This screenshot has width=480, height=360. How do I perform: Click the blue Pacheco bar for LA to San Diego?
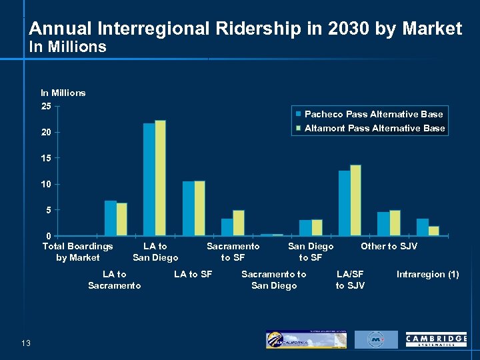click(x=149, y=179)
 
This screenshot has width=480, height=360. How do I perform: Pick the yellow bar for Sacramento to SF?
click(x=239, y=223)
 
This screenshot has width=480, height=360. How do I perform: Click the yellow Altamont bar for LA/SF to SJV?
click(x=355, y=200)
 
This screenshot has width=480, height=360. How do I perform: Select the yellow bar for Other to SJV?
click(x=395, y=223)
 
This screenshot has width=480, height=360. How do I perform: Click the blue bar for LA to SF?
click(x=188, y=208)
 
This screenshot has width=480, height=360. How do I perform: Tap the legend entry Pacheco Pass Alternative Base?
click(x=373, y=114)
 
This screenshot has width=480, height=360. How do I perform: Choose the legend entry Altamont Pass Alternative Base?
click(x=374, y=128)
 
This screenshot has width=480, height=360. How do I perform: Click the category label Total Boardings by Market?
click(x=78, y=252)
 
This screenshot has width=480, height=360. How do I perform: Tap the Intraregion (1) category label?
click(x=427, y=274)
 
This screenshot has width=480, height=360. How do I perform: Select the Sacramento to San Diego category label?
click(x=273, y=280)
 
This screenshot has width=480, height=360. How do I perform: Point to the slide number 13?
click(x=26, y=343)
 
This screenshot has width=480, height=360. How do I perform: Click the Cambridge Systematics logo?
click(x=436, y=340)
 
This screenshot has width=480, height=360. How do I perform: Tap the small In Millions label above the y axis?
click(x=63, y=93)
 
